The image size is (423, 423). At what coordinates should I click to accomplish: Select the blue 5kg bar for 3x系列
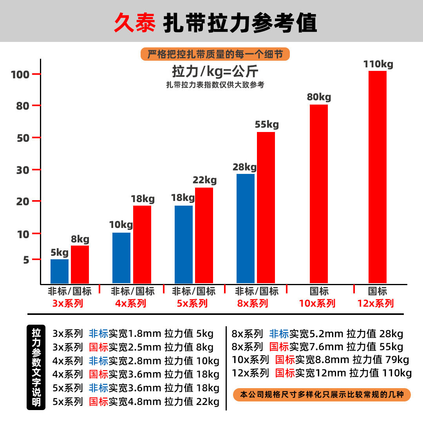(x=60, y=271)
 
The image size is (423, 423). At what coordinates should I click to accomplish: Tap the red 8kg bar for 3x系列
(x=80, y=264)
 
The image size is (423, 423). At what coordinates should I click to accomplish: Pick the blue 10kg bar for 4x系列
(x=121, y=258)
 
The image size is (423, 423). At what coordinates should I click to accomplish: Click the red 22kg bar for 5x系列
(x=204, y=235)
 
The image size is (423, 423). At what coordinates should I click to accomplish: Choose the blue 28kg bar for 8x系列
(x=246, y=228)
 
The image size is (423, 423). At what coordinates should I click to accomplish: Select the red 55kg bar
(x=266, y=208)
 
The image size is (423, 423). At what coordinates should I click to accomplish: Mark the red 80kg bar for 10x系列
(x=319, y=194)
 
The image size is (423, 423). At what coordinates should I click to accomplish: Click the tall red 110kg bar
(x=378, y=177)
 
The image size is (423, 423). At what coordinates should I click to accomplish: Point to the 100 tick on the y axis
(x=21, y=74)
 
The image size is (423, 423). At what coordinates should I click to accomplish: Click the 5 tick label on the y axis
(x=26, y=260)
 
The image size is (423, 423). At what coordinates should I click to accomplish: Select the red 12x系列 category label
(x=375, y=304)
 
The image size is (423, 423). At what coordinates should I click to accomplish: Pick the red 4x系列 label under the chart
(x=131, y=304)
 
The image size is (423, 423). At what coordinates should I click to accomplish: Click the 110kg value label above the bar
(x=378, y=64)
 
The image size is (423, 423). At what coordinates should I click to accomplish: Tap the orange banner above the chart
(x=215, y=54)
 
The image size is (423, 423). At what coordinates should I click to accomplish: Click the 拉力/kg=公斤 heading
(x=215, y=72)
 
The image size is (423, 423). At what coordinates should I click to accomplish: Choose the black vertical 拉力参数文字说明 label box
(x=36, y=367)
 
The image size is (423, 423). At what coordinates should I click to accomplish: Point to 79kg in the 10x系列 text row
(x=397, y=360)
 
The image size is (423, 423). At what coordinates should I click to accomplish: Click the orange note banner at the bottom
(x=322, y=394)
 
